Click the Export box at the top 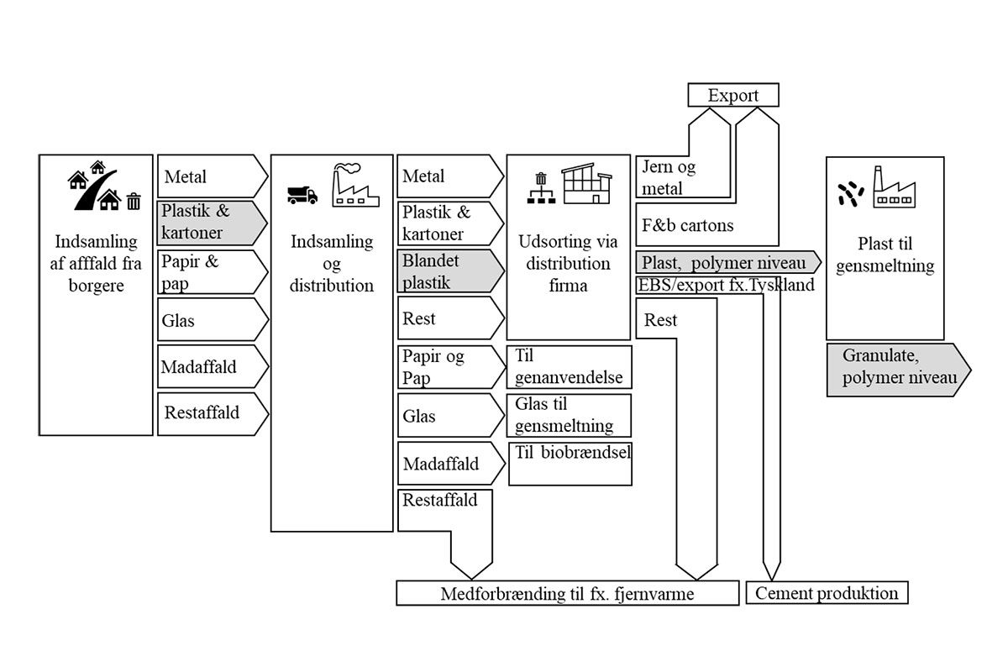click(732, 95)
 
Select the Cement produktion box click(827, 593)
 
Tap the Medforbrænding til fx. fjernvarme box click(567, 594)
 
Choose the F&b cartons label click(687, 225)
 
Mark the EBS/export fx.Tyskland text click(726, 286)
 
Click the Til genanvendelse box click(569, 367)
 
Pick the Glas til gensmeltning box click(569, 415)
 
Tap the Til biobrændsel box click(570, 463)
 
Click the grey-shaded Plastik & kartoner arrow click(211, 222)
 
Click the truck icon click(302, 195)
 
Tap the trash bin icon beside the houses click(134, 201)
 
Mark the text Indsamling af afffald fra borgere click(96, 264)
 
